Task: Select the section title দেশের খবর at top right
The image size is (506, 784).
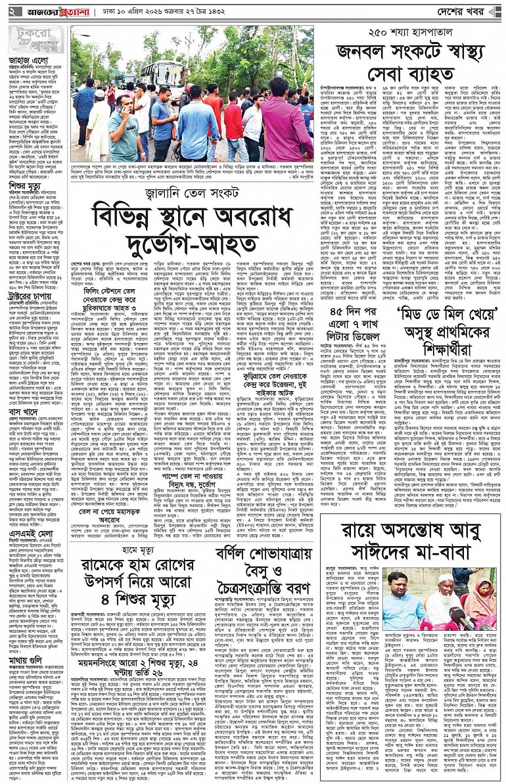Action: click(x=467, y=12)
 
